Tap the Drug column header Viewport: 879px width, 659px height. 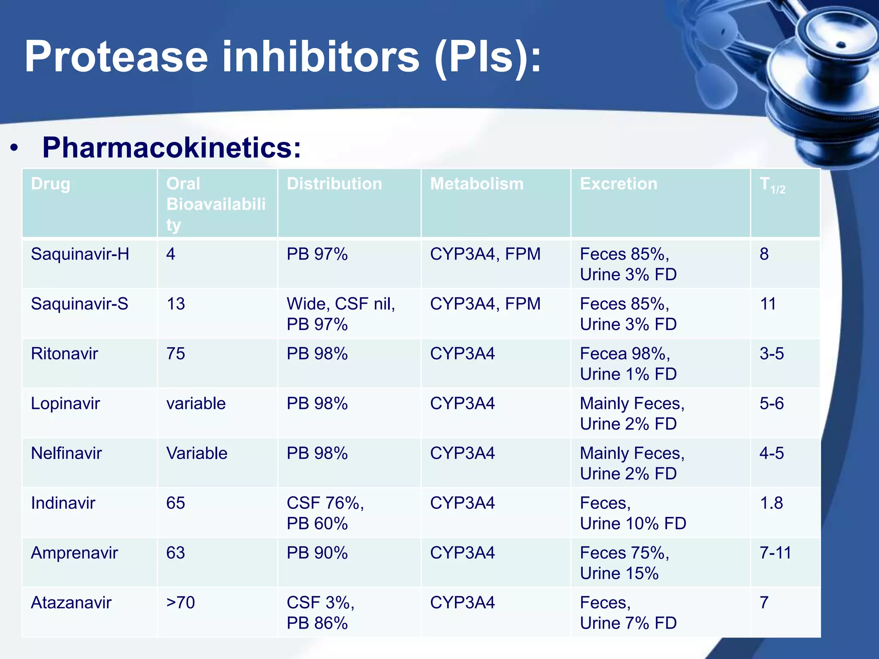click(51, 184)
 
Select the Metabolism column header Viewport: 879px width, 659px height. click(476, 184)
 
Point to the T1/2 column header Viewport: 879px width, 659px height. click(772, 185)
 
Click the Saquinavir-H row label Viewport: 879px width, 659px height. click(80, 254)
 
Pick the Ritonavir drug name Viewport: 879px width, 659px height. click(64, 354)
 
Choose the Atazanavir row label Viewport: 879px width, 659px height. click(71, 603)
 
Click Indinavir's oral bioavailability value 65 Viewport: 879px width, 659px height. click(176, 503)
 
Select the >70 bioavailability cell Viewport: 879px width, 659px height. click(180, 603)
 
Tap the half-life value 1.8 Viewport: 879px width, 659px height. click(771, 503)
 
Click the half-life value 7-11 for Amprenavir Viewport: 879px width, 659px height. click(775, 553)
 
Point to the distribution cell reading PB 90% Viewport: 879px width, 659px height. click(317, 553)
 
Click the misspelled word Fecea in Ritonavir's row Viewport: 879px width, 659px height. click(602, 354)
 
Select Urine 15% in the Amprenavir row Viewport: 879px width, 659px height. click(619, 573)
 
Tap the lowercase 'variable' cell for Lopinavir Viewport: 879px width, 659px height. click(196, 404)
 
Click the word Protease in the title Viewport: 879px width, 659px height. click(116, 57)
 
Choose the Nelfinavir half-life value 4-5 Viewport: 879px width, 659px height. click(771, 453)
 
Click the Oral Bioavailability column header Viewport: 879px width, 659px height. click(215, 204)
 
